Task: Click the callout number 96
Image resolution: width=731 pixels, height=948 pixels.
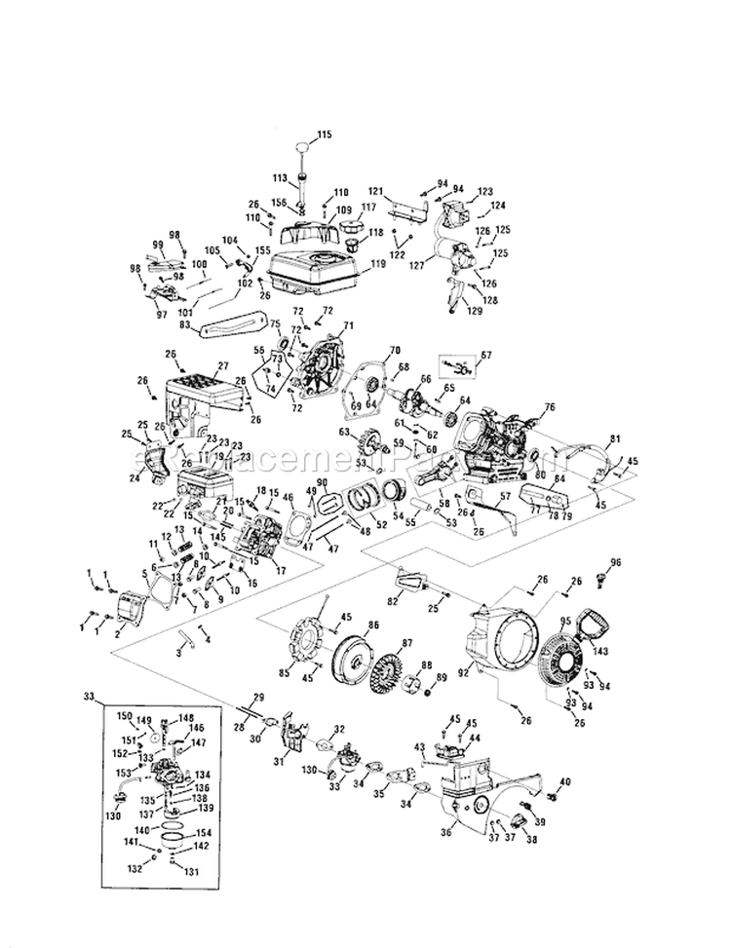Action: (615, 562)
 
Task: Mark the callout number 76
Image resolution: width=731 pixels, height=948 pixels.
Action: (550, 407)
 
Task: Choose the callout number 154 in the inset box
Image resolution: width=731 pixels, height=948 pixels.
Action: (203, 833)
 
